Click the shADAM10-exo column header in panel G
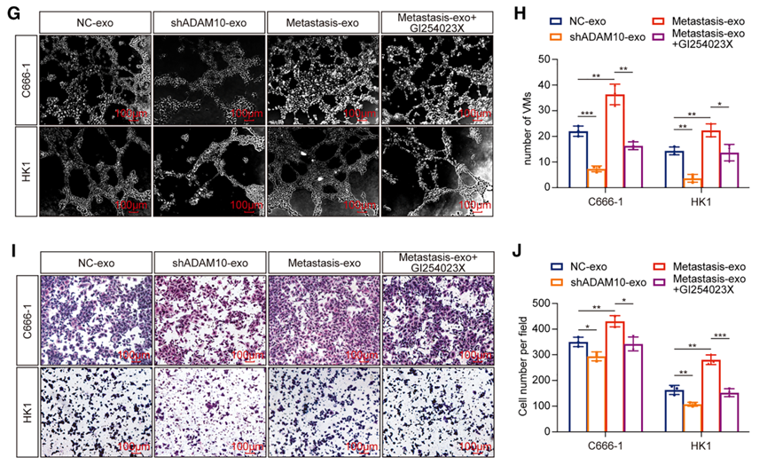pyautogui.click(x=209, y=20)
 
